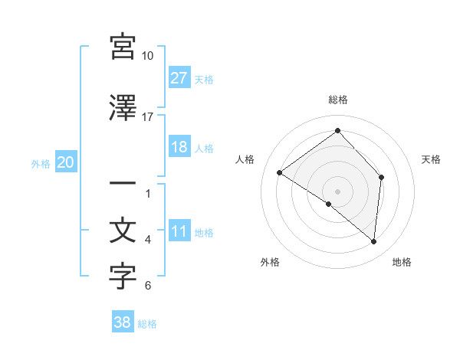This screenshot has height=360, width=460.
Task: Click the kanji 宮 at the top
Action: (x=123, y=47)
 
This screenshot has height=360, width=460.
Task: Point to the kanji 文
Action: (x=123, y=231)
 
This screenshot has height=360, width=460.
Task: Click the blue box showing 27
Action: (x=179, y=78)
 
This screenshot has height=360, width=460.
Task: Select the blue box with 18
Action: (x=179, y=147)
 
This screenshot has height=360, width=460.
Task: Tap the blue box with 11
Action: (x=179, y=231)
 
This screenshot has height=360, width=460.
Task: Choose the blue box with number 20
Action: (x=65, y=162)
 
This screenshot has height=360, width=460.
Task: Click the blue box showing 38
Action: (x=122, y=322)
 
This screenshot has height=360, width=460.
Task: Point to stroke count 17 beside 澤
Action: (x=148, y=116)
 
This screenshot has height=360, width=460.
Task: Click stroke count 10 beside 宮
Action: (x=148, y=56)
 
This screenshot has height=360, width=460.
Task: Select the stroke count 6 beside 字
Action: (x=148, y=286)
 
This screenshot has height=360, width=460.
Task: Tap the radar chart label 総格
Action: (x=337, y=100)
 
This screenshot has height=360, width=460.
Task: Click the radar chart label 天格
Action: (x=431, y=159)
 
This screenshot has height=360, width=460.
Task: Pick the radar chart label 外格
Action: (x=270, y=262)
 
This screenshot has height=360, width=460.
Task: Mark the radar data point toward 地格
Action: (x=373, y=242)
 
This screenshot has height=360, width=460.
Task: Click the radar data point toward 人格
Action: (x=280, y=172)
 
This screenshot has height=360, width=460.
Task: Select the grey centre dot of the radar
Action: (x=337, y=191)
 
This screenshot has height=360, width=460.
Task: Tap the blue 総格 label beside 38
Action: (x=147, y=324)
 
